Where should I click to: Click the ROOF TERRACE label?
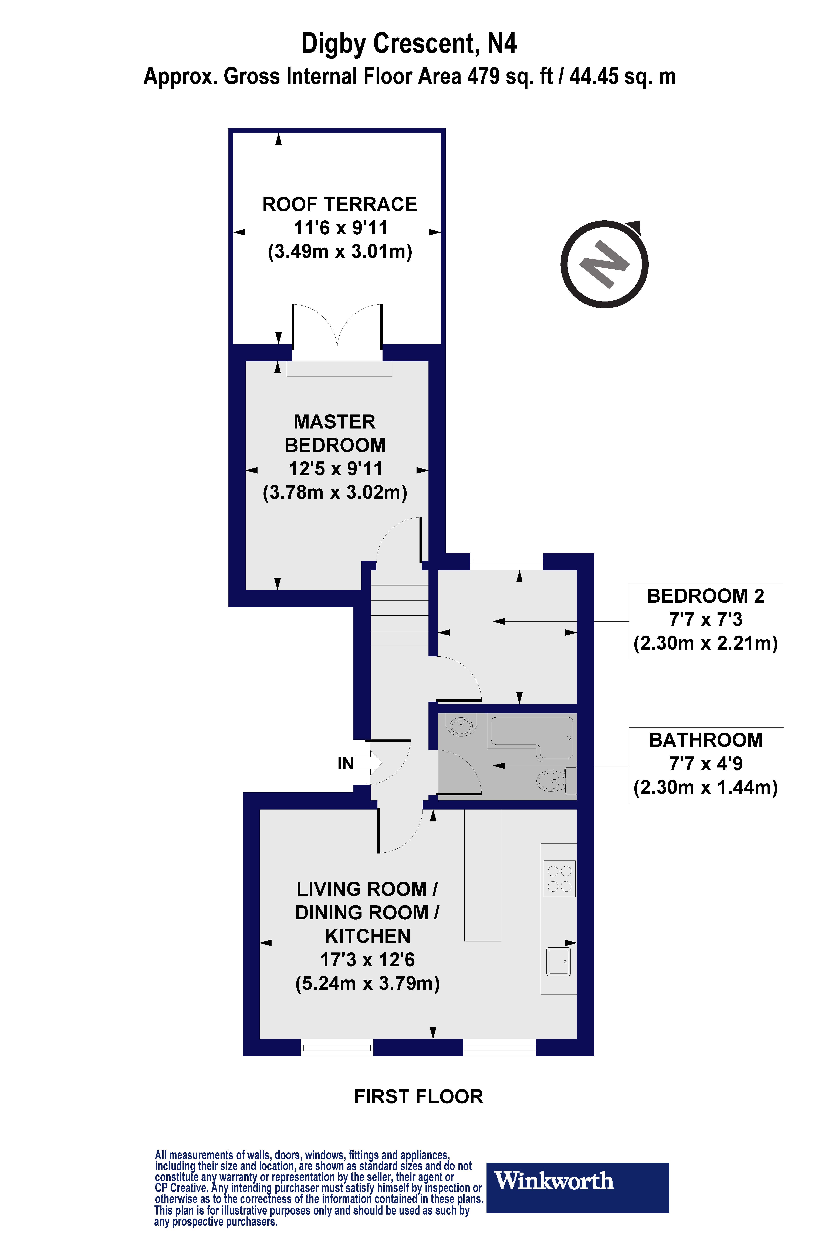tap(340, 204)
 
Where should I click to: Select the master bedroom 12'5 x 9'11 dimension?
tap(335, 469)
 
